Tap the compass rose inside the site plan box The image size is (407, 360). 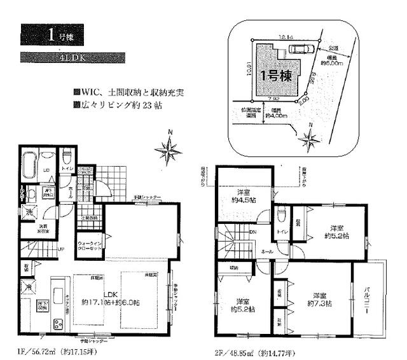309,136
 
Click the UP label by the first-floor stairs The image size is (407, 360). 59,249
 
